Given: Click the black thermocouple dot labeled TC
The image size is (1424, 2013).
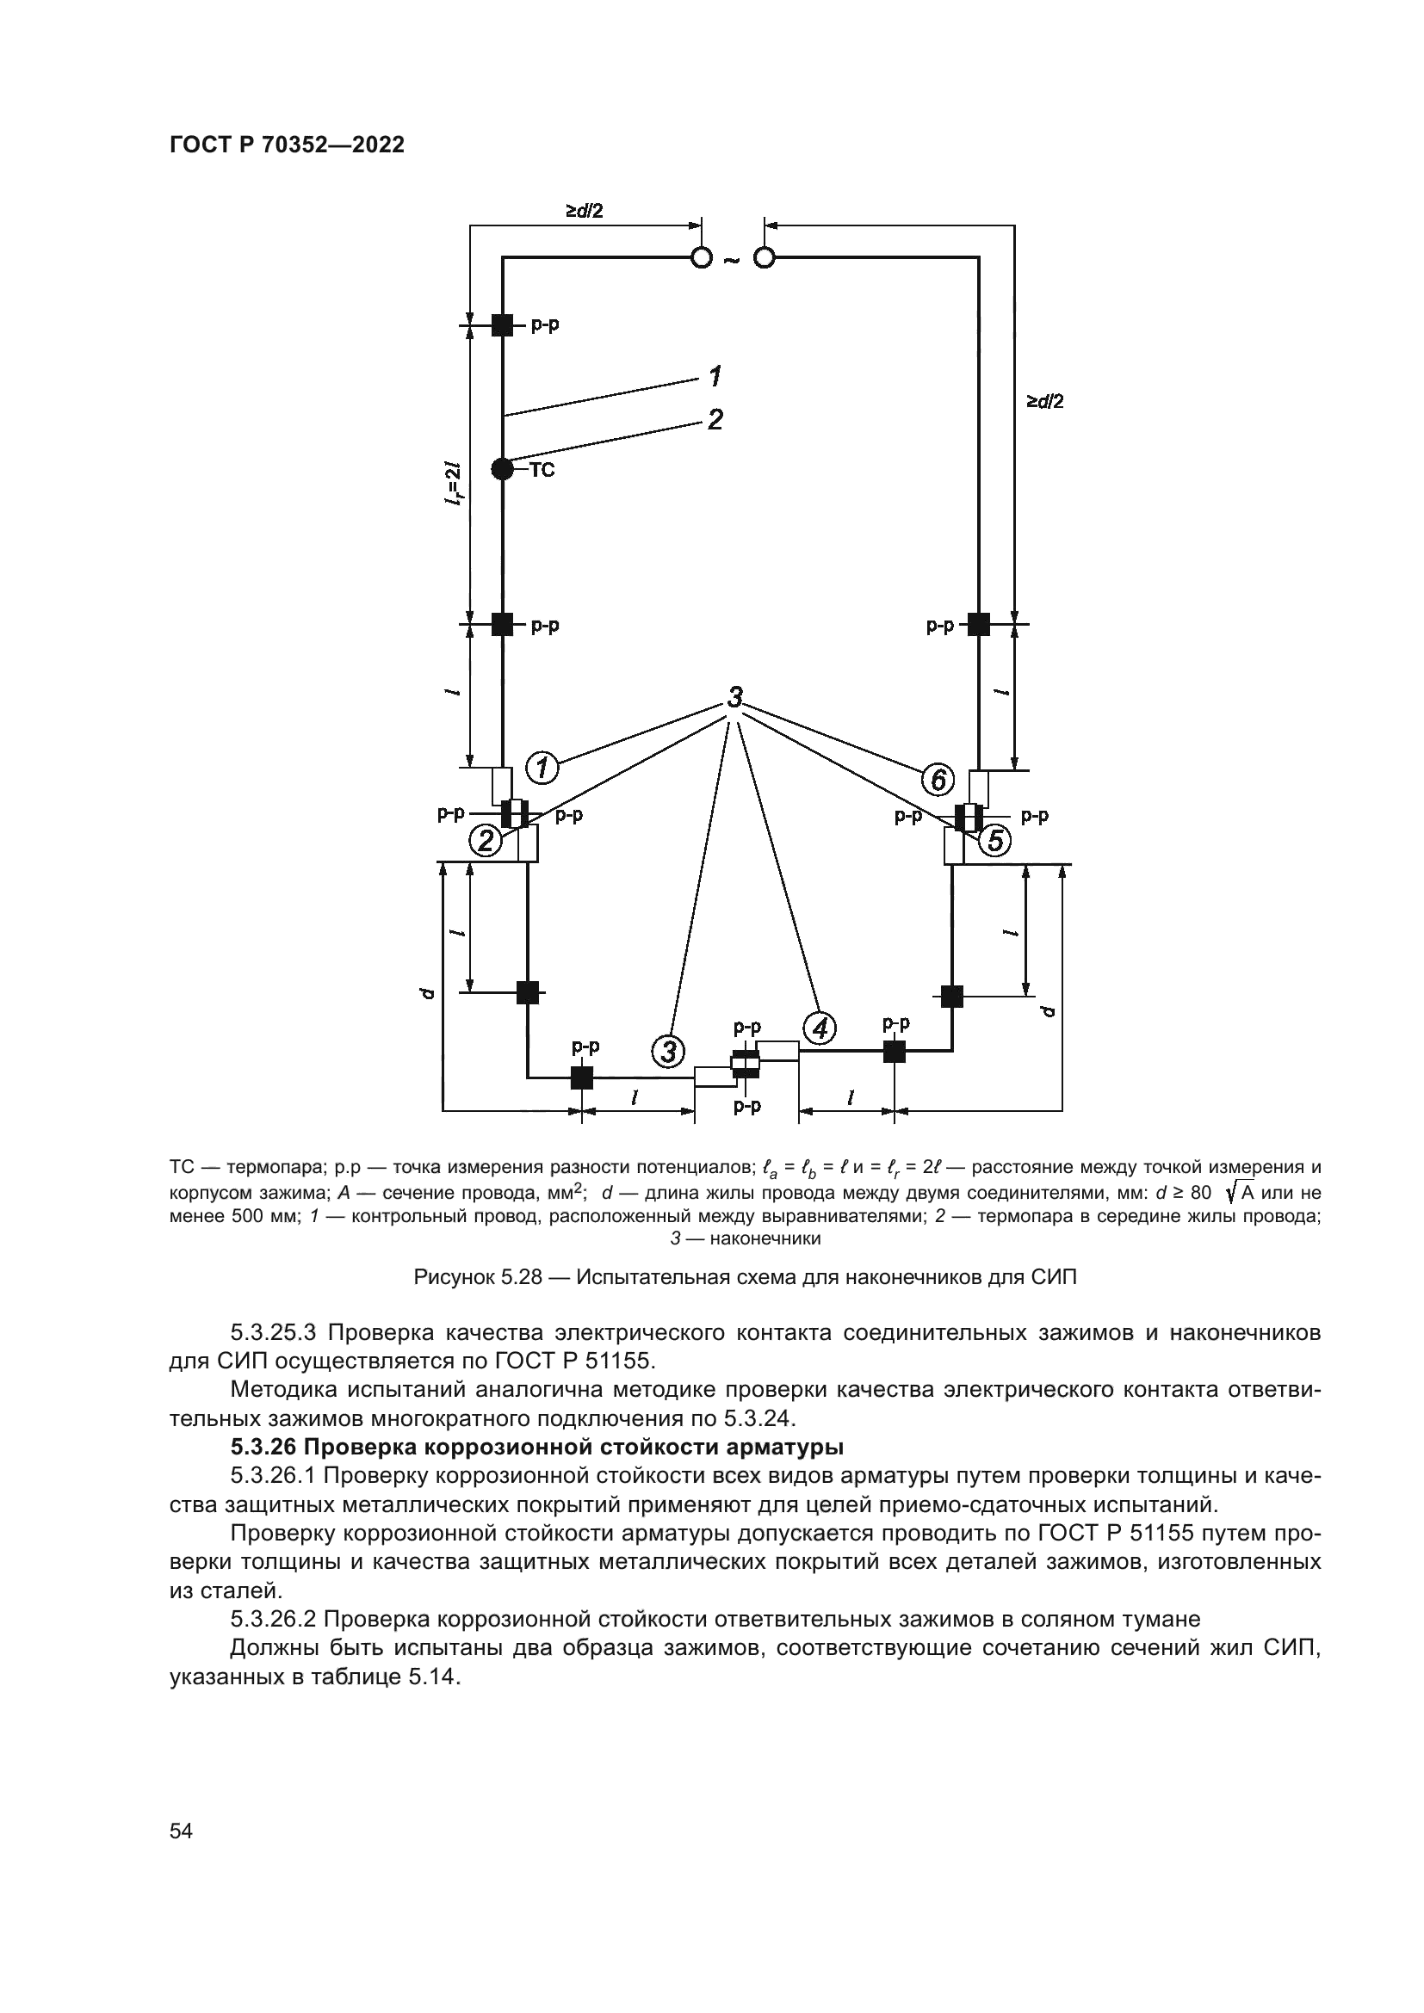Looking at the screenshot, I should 502,469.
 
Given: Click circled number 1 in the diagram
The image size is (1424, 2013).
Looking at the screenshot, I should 542,768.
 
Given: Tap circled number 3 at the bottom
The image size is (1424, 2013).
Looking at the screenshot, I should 668,1049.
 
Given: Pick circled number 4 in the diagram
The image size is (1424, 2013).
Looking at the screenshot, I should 819,1028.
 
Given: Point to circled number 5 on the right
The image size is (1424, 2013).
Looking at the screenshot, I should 994,841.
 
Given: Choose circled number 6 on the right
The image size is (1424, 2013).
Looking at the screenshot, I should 938,779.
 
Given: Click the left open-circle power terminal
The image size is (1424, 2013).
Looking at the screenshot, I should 702,258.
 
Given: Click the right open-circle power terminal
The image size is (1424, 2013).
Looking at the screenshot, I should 765,258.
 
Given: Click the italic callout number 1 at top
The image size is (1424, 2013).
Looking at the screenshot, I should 715,377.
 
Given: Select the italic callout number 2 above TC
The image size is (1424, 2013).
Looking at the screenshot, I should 715,420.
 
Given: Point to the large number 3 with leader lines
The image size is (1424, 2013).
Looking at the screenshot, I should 734,698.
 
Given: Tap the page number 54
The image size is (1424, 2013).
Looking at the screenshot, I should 181,1831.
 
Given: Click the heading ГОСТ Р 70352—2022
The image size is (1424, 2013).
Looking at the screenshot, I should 287,145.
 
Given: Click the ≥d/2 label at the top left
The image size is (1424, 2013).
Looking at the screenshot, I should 584,212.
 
